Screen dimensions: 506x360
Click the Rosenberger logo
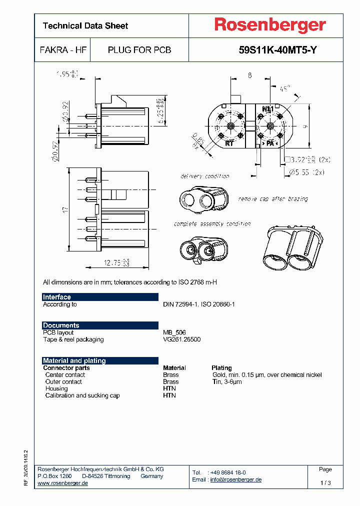270,25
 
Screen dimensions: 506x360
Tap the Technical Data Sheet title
85,25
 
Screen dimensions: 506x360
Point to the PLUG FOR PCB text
139,50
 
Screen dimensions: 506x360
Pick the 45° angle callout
284,89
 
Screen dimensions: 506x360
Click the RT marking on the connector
229,143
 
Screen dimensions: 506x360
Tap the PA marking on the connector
270,143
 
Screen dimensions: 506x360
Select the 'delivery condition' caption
204,176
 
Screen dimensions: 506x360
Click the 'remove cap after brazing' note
272,199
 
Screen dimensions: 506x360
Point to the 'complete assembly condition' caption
212,224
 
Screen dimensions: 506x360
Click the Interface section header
57,297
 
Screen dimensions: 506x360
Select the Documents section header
61,325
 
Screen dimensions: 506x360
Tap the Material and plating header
74,360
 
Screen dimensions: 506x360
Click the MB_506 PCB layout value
174,332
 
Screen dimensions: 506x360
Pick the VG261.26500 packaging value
182,339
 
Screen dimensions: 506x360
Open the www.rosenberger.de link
63,483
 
